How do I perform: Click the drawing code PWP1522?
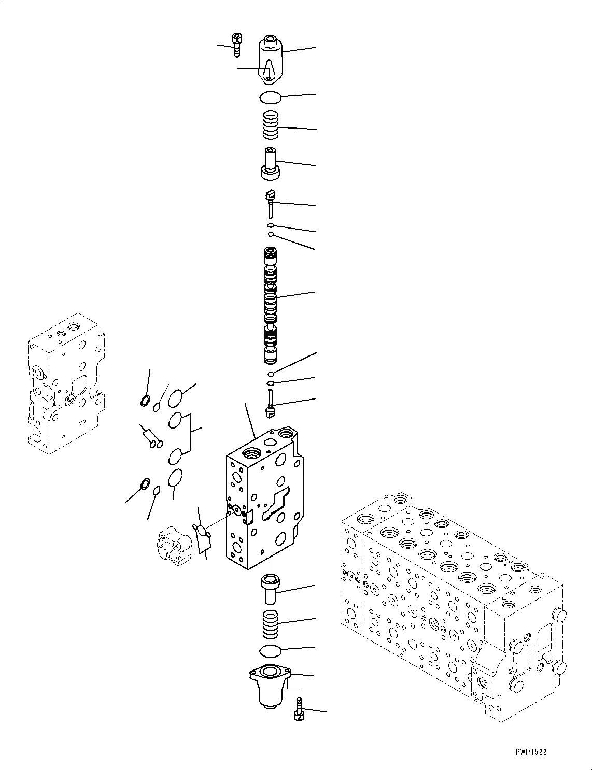tap(531, 751)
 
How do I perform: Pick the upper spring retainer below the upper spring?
tap(270, 164)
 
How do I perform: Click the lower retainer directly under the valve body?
tap(270, 588)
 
